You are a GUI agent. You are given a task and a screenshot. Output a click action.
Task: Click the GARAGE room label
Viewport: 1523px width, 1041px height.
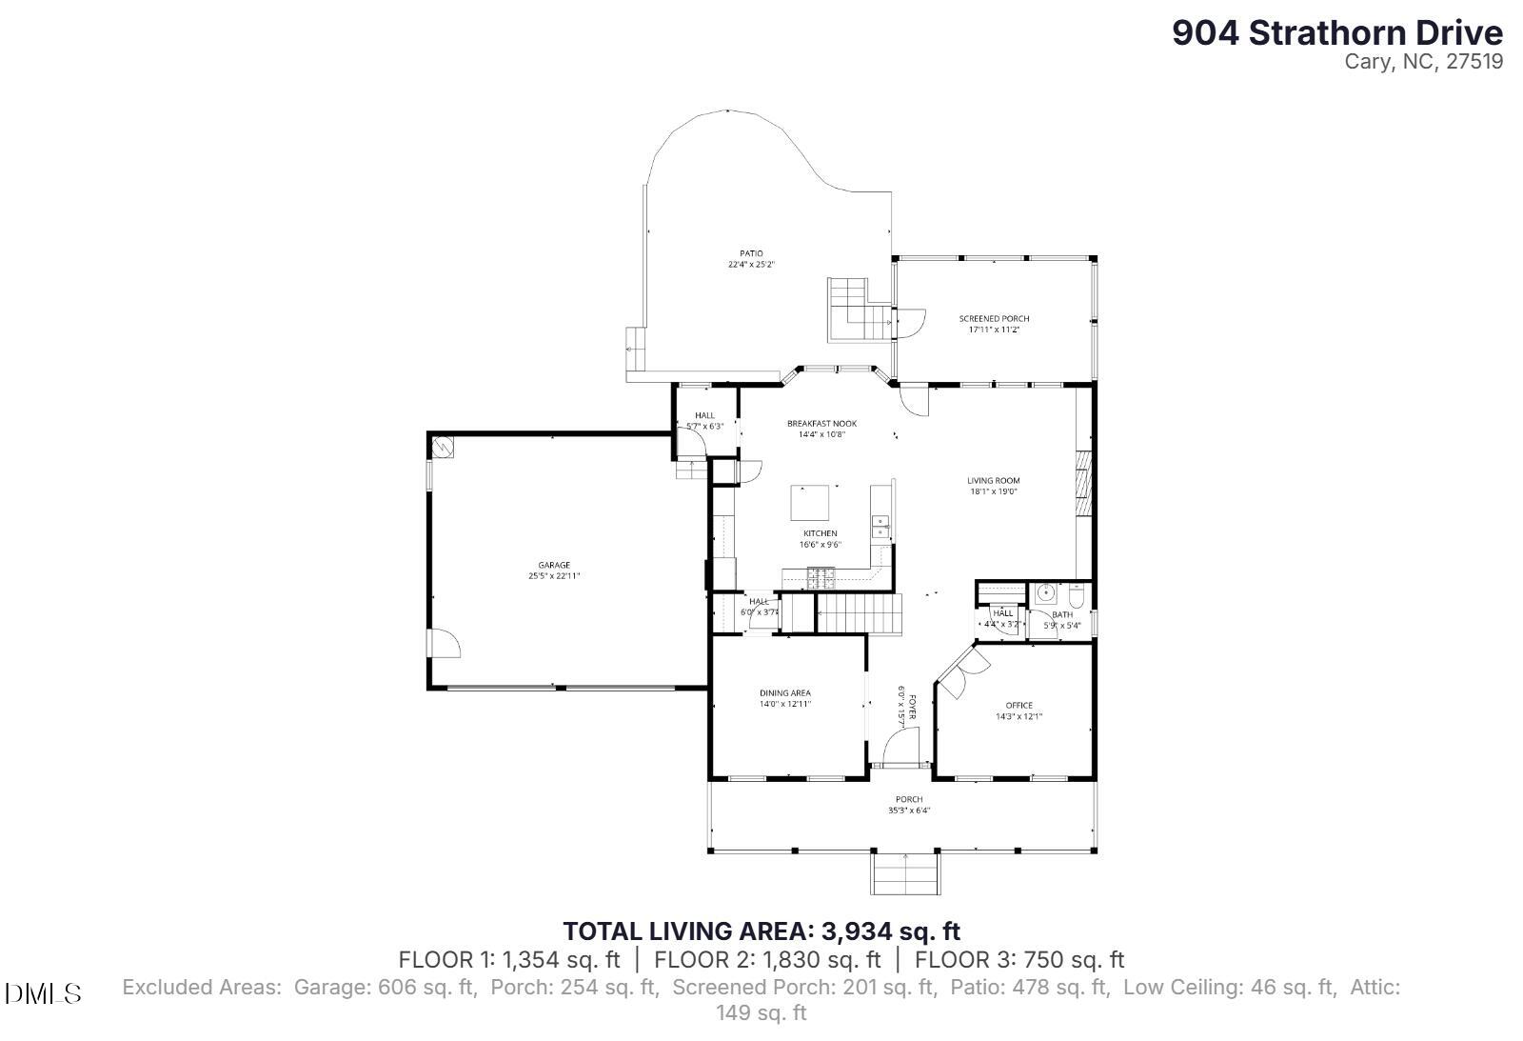point(554,566)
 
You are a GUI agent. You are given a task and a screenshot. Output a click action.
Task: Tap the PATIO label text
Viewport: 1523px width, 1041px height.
point(751,253)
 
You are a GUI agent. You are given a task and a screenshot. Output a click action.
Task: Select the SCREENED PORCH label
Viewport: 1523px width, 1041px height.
point(994,319)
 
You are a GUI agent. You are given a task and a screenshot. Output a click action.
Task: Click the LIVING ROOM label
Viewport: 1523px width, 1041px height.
point(994,481)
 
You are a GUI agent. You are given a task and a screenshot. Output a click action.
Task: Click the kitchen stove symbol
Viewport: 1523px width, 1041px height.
point(821,575)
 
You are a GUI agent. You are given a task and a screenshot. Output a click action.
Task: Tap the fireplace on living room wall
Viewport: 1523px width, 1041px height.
point(1083,484)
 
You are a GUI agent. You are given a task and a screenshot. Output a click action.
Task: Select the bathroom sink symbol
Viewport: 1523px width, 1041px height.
point(1046,593)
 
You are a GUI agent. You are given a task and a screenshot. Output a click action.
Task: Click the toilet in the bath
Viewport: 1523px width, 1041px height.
point(1076,595)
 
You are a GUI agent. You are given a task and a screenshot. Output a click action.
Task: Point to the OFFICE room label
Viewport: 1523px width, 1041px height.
point(1019,706)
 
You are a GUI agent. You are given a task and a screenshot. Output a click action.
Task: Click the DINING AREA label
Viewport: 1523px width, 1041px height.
point(784,693)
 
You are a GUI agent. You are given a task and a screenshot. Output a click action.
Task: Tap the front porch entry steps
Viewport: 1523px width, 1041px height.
point(905,873)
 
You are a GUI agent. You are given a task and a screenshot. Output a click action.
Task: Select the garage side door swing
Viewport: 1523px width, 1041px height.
point(444,645)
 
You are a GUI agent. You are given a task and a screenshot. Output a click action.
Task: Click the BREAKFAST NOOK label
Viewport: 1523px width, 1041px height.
point(821,424)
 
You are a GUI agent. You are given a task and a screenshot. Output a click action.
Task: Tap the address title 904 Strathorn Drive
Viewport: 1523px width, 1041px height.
point(1336,33)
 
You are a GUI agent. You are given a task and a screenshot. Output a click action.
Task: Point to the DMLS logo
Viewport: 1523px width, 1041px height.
point(43,994)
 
